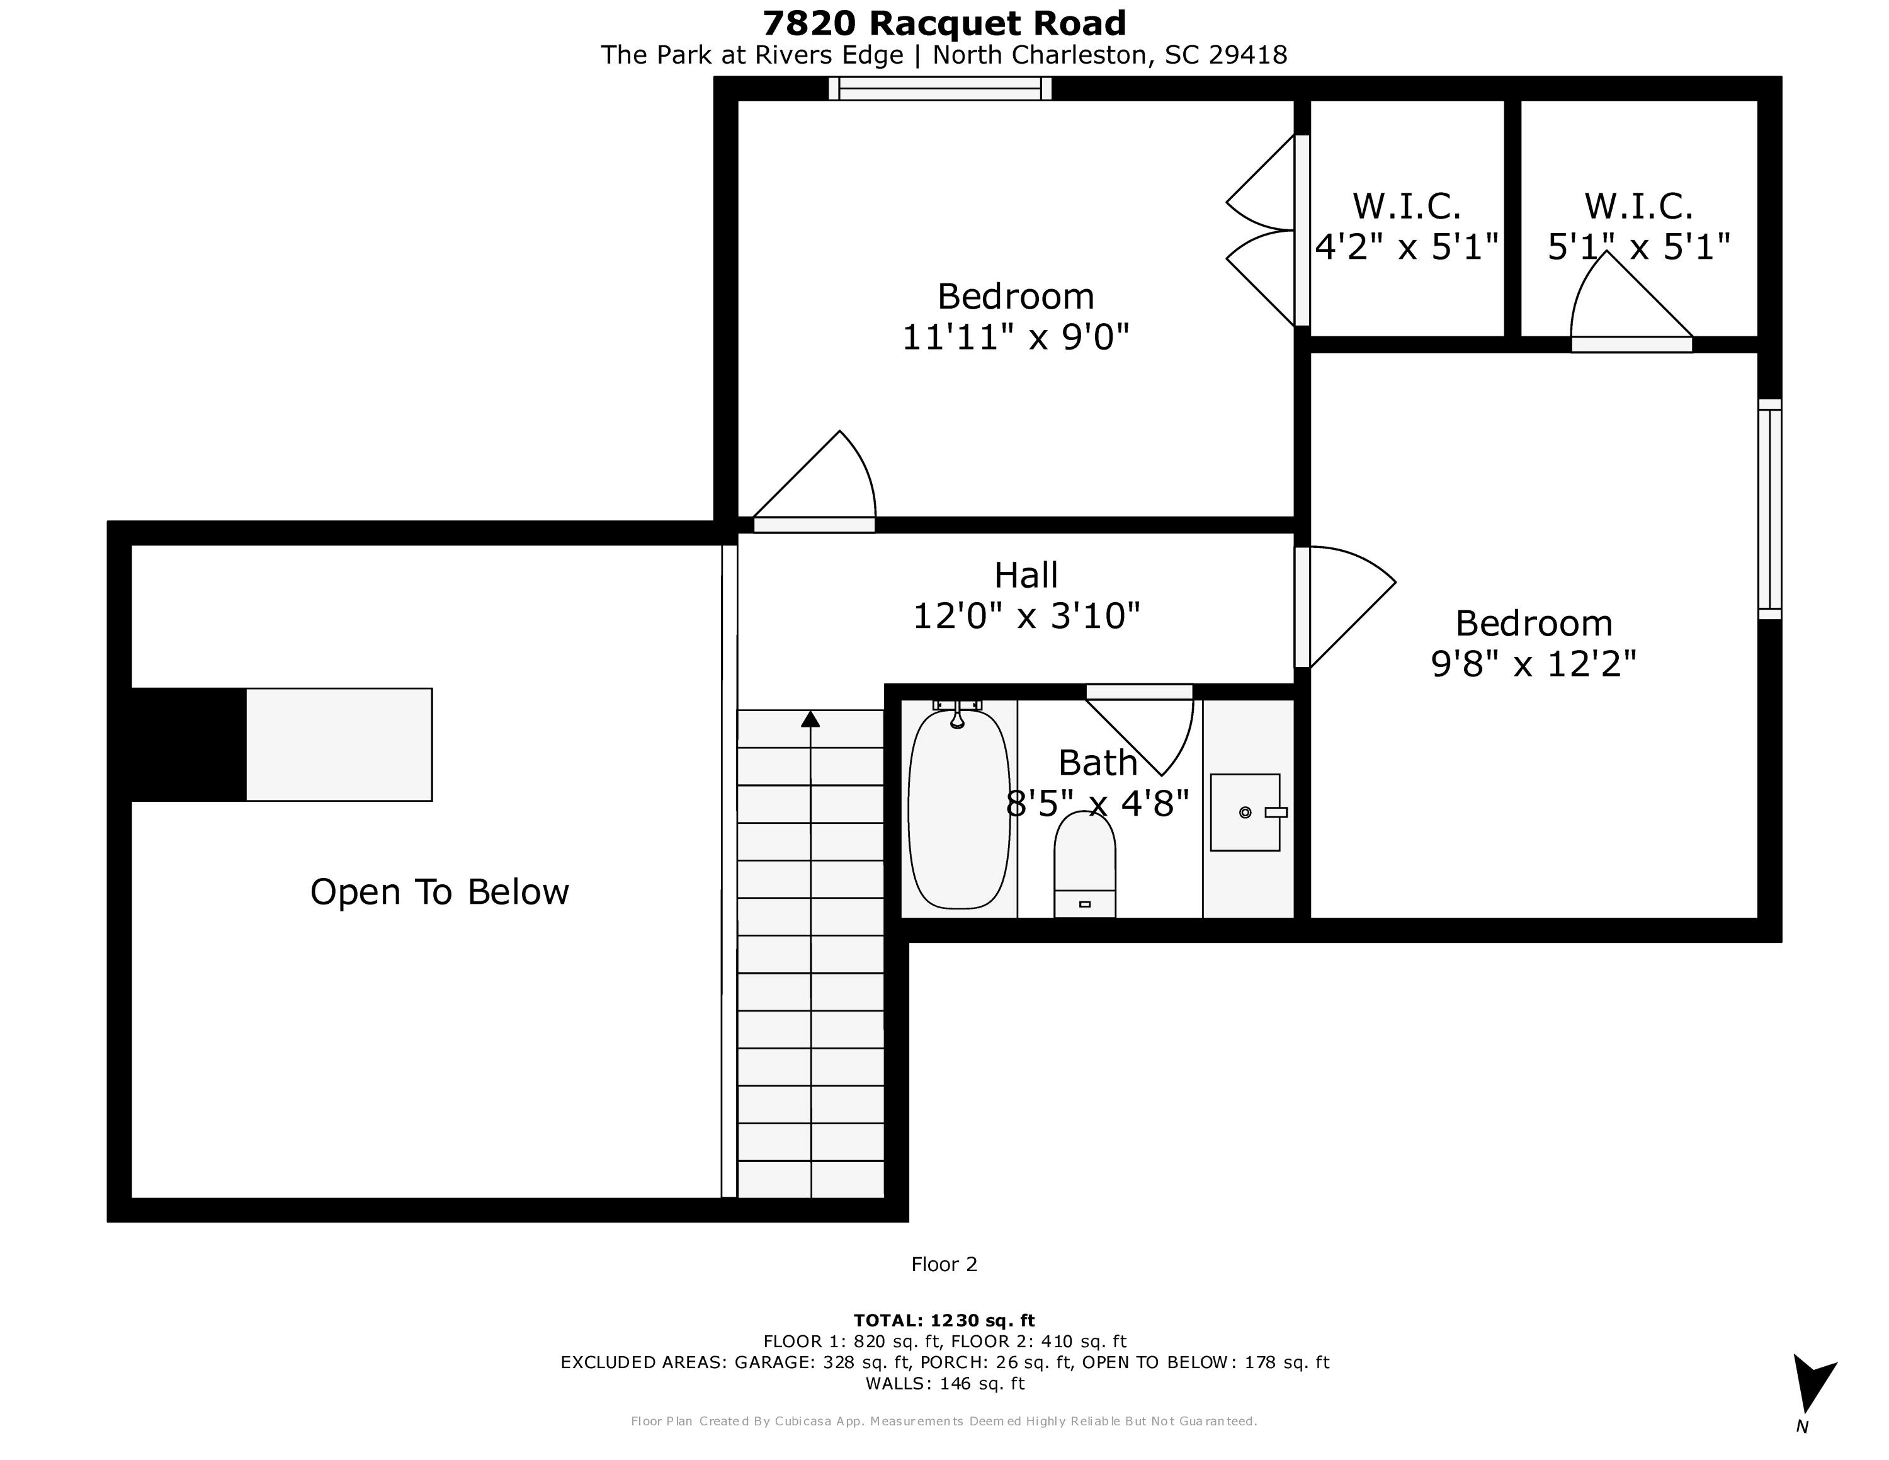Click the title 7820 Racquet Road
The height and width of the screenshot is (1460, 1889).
(x=944, y=23)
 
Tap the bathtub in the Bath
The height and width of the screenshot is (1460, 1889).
(x=958, y=809)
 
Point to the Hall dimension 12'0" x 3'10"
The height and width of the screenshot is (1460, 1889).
(x=1026, y=617)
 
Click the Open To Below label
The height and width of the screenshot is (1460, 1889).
(x=440, y=892)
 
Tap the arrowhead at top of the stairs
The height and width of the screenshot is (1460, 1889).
(x=810, y=719)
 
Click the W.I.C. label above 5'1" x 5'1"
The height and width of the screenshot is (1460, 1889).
(x=1638, y=207)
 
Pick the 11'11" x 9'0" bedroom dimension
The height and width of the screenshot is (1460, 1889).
(x=1016, y=336)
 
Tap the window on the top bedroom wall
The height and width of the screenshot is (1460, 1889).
(x=940, y=88)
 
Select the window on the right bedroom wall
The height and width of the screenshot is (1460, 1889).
(x=1769, y=510)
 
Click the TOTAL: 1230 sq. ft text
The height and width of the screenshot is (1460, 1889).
(x=944, y=1321)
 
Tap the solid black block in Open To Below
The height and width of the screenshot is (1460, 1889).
(x=188, y=744)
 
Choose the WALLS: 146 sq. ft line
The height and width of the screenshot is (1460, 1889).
(x=945, y=1383)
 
